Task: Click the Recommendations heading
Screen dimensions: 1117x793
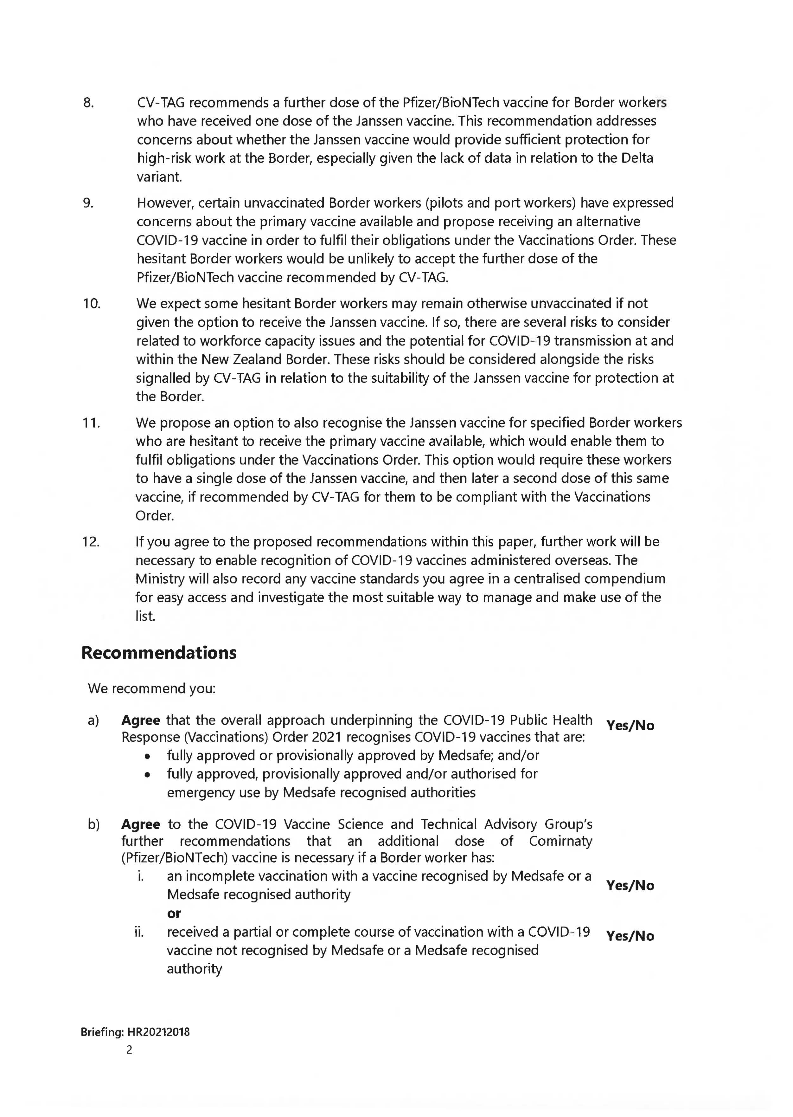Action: (x=159, y=653)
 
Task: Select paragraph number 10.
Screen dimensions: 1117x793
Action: (x=91, y=304)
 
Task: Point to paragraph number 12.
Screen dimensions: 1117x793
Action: (x=91, y=542)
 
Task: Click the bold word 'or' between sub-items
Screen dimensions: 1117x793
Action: (x=174, y=913)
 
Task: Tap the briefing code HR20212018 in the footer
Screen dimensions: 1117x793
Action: (x=158, y=1032)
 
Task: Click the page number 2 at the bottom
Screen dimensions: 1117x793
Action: (x=129, y=1050)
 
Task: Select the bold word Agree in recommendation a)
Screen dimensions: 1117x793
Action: (x=141, y=720)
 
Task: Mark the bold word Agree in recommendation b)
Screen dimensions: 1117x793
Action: (x=141, y=824)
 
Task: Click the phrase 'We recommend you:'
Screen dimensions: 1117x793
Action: (x=151, y=689)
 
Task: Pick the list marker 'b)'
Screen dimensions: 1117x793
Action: (x=93, y=824)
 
